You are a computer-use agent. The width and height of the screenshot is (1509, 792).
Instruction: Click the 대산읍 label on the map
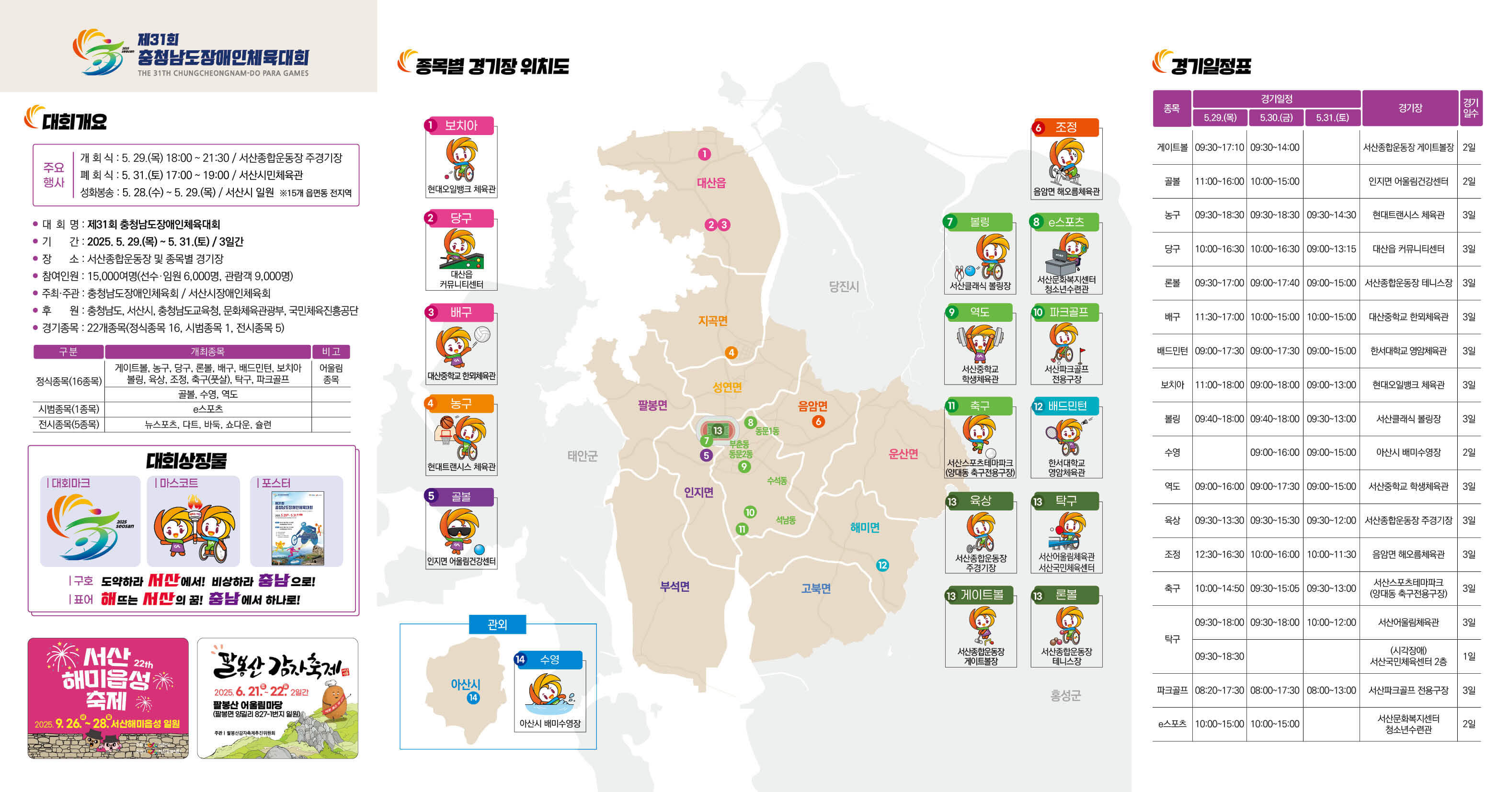click(x=711, y=182)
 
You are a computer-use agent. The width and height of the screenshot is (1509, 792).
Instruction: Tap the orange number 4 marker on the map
click(x=731, y=352)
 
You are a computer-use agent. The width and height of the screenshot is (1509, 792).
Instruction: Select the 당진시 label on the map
click(x=844, y=286)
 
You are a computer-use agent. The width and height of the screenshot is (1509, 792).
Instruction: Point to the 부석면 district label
click(x=674, y=587)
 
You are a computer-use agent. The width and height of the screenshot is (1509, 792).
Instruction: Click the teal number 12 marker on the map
click(x=882, y=565)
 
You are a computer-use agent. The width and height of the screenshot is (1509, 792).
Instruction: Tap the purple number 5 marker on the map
click(x=707, y=455)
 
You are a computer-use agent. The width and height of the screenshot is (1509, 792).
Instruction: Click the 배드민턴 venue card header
click(x=1066, y=406)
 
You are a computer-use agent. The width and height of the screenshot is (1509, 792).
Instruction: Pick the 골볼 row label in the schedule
click(x=1172, y=181)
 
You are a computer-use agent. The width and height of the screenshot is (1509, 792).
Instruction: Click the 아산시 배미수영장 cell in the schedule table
click(x=1408, y=453)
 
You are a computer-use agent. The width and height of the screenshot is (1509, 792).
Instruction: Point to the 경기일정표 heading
click(x=1210, y=66)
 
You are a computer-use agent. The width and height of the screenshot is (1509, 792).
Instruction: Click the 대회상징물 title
click(x=186, y=461)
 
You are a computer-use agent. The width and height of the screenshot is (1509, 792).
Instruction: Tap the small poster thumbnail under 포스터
click(x=297, y=529)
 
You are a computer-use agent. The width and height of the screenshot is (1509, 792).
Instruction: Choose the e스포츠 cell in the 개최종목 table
click(x=207, y=408)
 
